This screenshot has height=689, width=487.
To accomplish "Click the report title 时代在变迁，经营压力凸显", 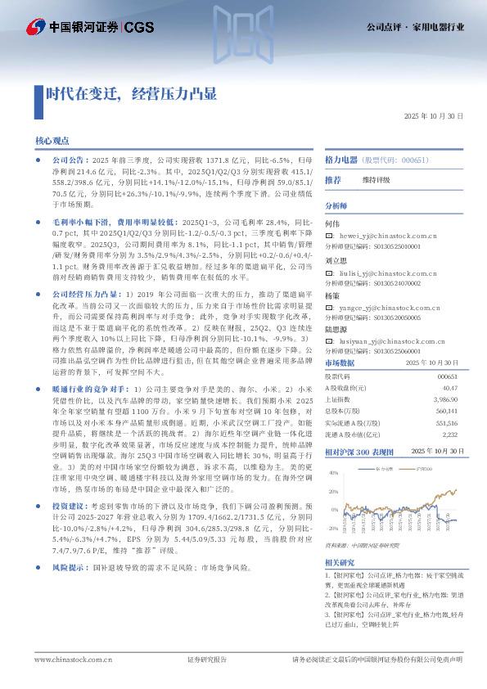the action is click(131, 92).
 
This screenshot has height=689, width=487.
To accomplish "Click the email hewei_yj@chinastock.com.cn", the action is click(378, 234).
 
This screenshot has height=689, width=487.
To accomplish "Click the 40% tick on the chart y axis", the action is click(333, 473).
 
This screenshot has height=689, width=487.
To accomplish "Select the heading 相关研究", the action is click(339, 562).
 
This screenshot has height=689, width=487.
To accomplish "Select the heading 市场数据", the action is click(340, 362).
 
